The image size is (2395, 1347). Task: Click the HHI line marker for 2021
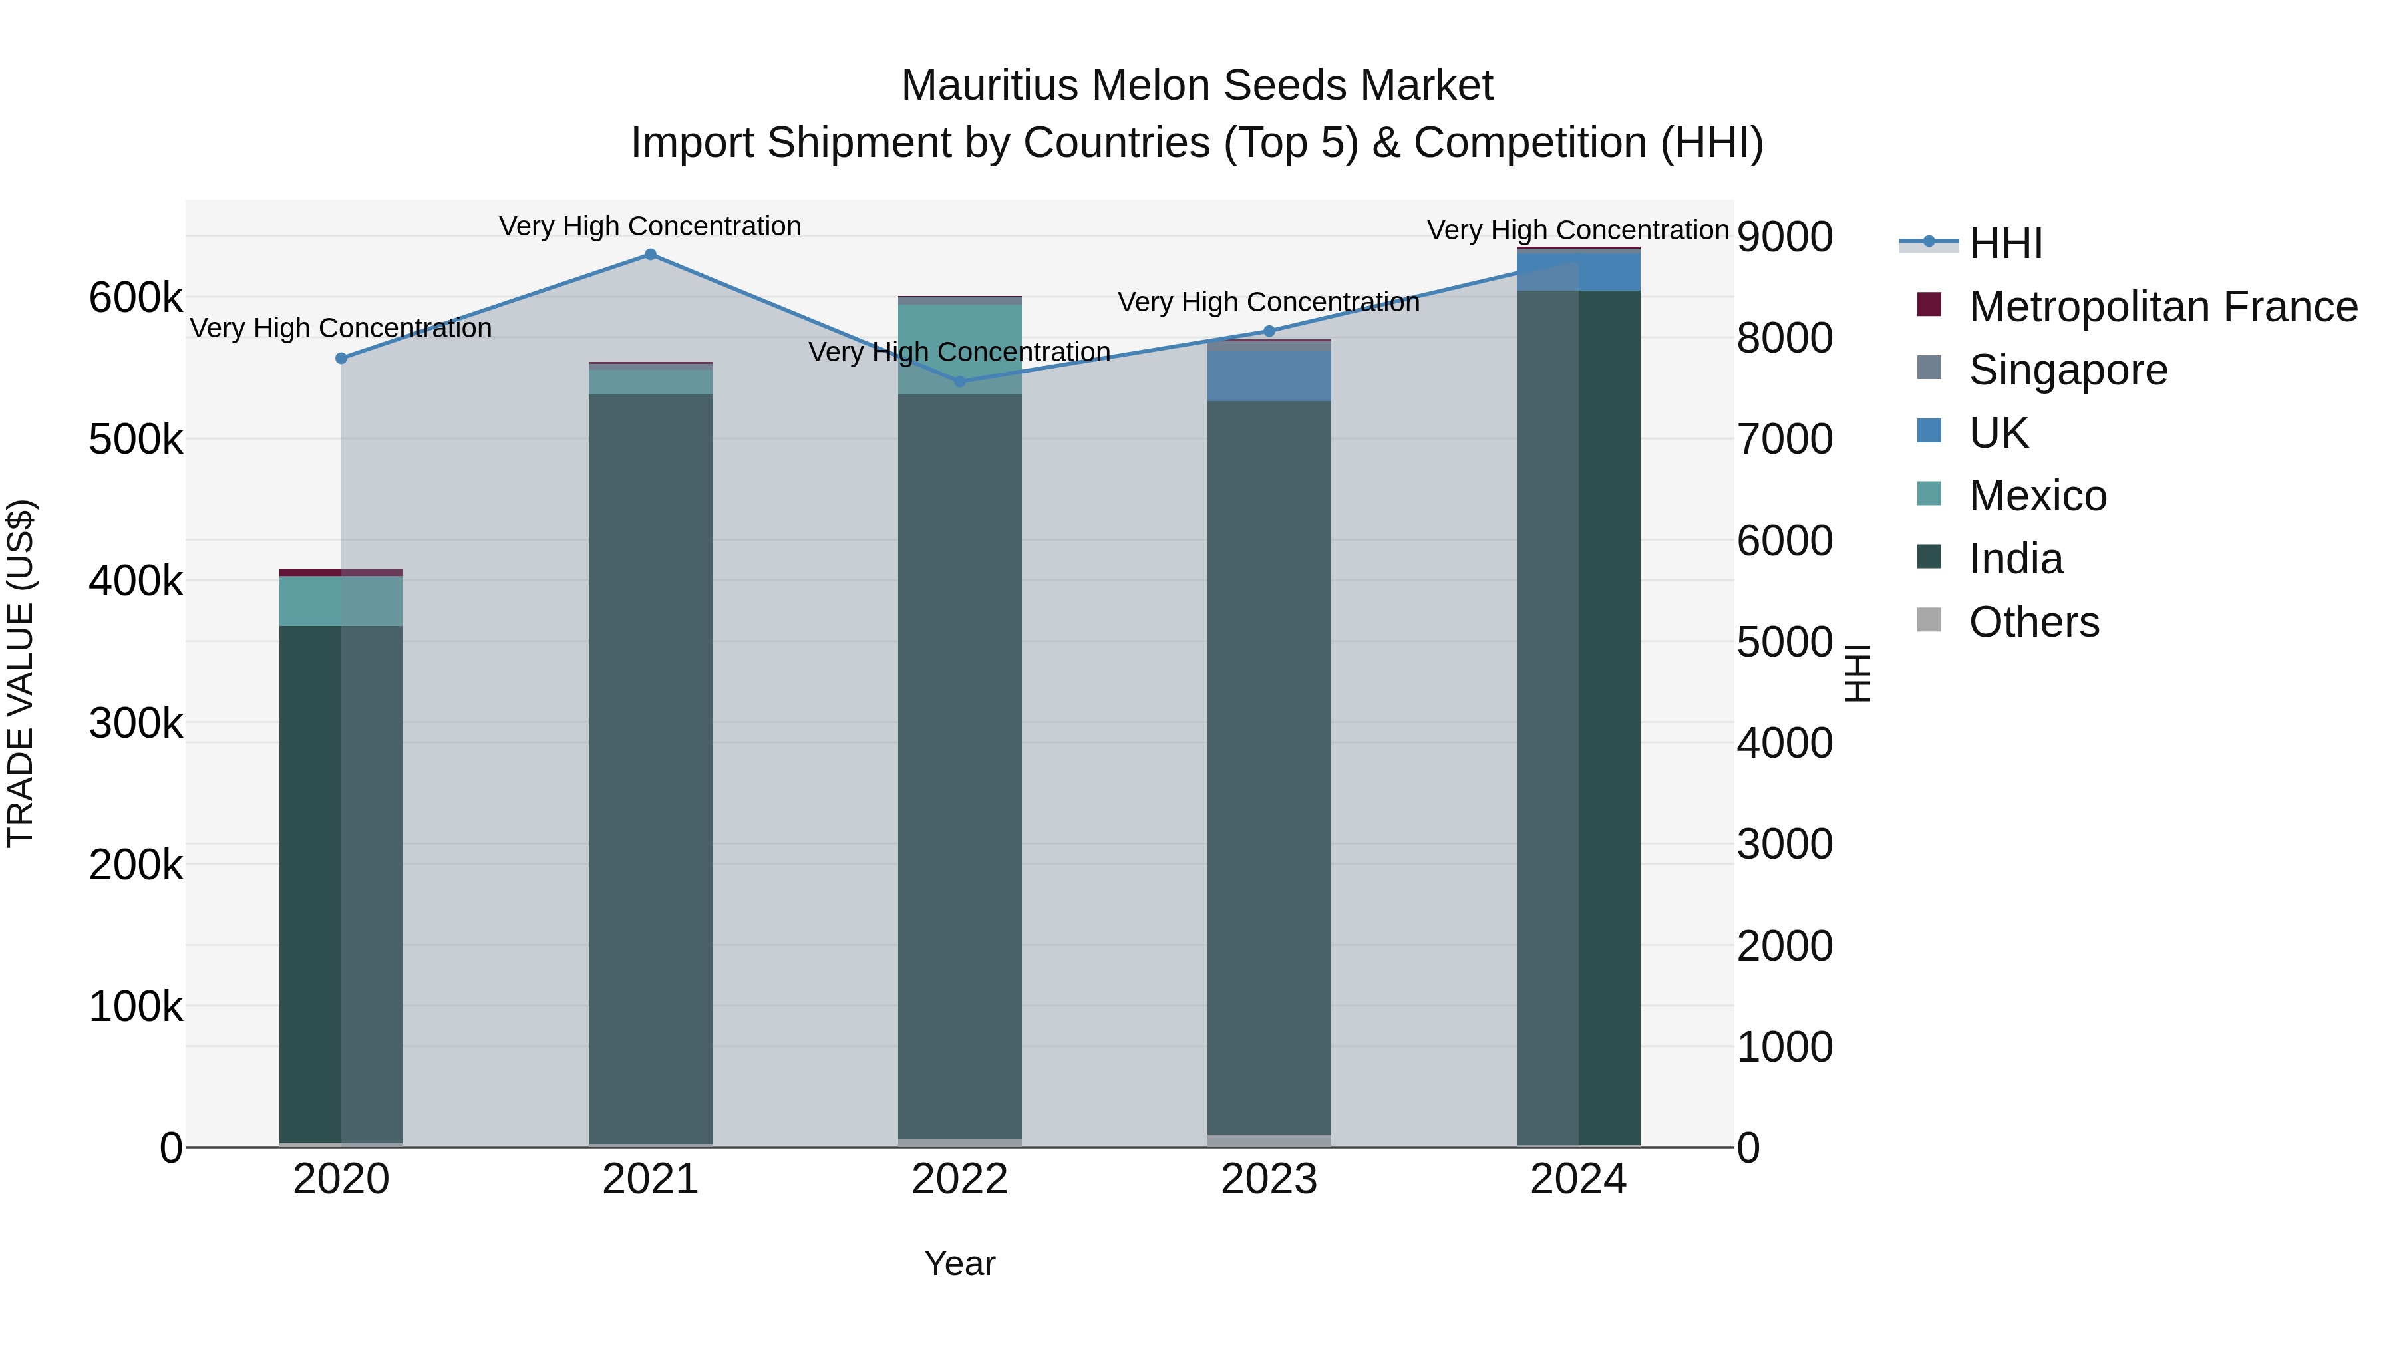(x=650, y=255)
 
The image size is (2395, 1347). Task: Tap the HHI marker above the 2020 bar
(x=341, y=358)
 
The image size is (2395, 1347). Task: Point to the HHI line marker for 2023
(x=1269, y=331)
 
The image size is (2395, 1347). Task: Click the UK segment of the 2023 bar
(x=1269, y=376)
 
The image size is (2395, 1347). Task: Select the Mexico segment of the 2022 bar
(x=959, y=349)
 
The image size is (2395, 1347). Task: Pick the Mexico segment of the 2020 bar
(x=341, y=601)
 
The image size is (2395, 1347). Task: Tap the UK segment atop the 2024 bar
(x=1578, y=271)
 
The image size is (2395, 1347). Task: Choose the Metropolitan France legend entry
(x=2163, y=307)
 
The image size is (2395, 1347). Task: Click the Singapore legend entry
(x=2068, y=370)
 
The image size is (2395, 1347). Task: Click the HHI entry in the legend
(x=2005, y=243)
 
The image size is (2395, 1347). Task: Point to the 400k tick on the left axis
(x=136, y=582)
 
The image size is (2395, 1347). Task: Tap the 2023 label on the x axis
(x=1269, y=1179)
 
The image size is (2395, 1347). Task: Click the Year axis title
(x=959, y=1263)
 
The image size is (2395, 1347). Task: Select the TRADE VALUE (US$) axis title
(x=21, y=673)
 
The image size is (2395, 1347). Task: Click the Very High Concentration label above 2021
(x=650, y=226)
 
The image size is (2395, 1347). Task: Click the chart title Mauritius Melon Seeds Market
(x=1197, y=86)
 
